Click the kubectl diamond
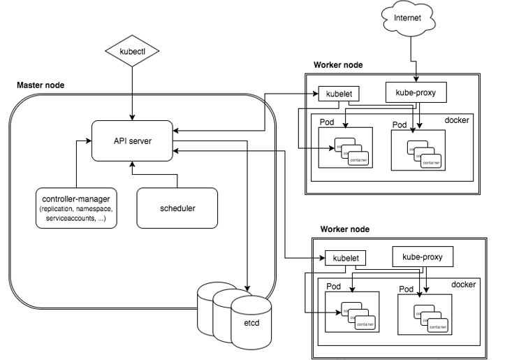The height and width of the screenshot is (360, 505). tap(131, 52)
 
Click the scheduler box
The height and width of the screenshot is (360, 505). tap(176, 208)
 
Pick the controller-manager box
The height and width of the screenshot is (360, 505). tap(78, 208)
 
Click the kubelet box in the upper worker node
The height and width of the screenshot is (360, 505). tap(337, 93)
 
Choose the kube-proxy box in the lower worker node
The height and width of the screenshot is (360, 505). tap(423, 257)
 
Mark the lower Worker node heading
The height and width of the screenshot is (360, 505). tap(345, 229)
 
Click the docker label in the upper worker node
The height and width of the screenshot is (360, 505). tap(457, 120)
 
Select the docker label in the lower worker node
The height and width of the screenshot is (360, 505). tap(463, 284)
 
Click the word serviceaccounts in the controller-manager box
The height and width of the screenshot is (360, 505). tap(68, 219)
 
